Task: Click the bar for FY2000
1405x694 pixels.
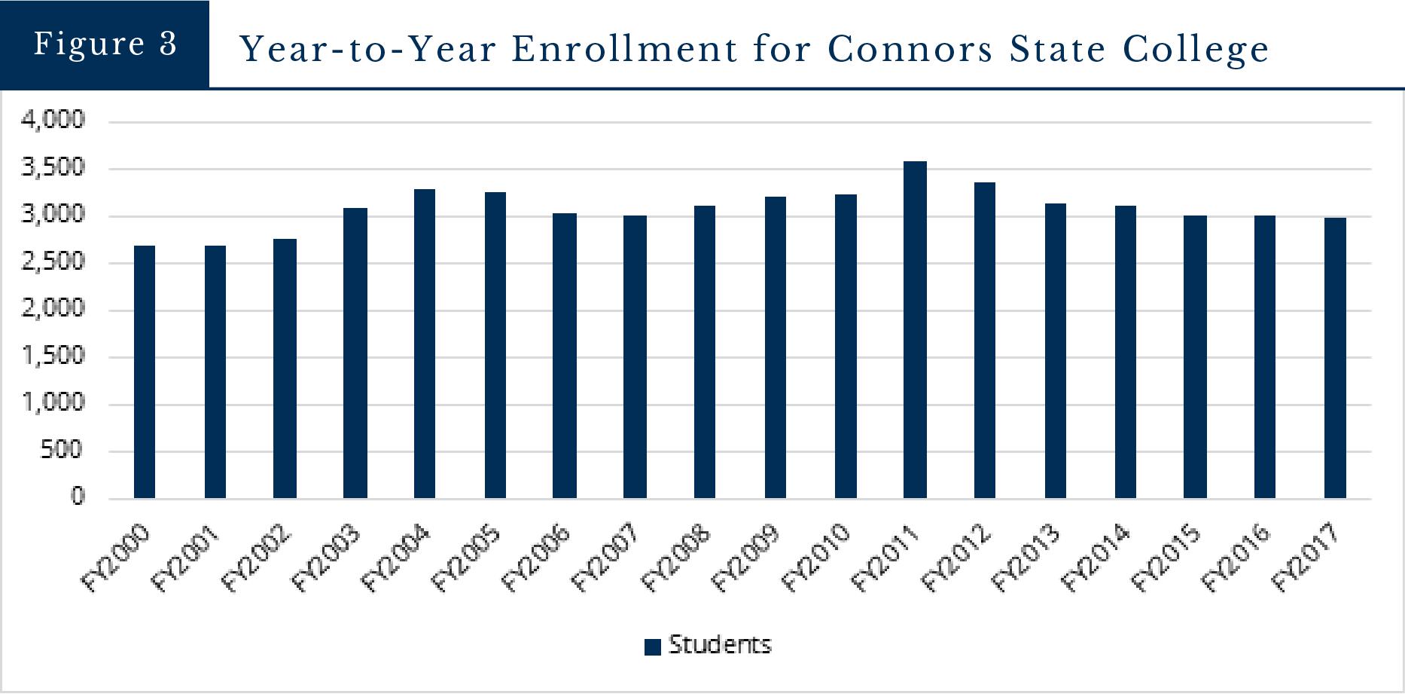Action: pyautogui.click(x=145, y=372)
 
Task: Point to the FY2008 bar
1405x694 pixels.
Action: pyautogui.click(x=705, y=352)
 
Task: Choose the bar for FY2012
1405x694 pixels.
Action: pyautogui.click(x=985, y=341)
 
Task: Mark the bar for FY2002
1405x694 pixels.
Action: pyautogui.click(x=285, y=368)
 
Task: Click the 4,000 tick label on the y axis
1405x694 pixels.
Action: pyautogui.click(x=53, y=120)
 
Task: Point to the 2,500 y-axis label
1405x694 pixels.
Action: pyautogui.click(x=53, y=261)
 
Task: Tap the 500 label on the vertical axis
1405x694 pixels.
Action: pyautogui.click(x=62, y=450)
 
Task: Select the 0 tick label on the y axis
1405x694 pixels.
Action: pyautogui.click(x=78, y=497)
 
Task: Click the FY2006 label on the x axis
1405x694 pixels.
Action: pyautogui.click(x=535, y=558)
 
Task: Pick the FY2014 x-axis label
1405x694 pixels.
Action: pyautogui.click(x=1095, y=558)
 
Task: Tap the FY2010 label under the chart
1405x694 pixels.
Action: pyautogui.click(x=815, y=558)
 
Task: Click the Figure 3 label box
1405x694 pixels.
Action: pyautogui.click(x=105, y=44)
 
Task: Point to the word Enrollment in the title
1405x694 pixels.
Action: pyautogui.click(x=625, y=50)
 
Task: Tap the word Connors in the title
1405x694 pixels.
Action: pyautogui.click(x=910, y=50)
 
